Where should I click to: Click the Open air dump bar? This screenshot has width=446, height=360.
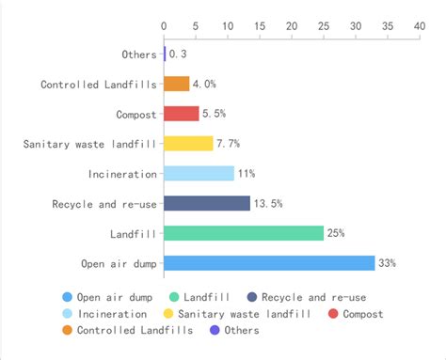click(269, 263)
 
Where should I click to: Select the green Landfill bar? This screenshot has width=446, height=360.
click(244, 233)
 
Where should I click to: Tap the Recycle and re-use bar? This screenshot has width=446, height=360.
click(207, 203)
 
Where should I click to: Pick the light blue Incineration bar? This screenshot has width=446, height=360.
click(199, 174)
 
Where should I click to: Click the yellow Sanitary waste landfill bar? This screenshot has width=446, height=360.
click(188, 144)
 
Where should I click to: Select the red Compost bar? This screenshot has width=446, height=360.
click(181, 114)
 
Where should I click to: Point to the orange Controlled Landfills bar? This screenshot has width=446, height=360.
click(177, 85)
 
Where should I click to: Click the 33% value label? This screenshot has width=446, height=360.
click(387, 263)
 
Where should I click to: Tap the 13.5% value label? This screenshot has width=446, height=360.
click(269, 203)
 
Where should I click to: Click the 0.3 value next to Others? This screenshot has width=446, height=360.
click(178, 55)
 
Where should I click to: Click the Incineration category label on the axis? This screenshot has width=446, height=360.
click(121, 174)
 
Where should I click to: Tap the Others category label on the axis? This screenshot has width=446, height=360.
click(139, 55)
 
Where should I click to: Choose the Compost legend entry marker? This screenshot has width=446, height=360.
click(335, 313)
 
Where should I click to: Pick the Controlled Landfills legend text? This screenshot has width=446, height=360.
click(135, 330)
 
